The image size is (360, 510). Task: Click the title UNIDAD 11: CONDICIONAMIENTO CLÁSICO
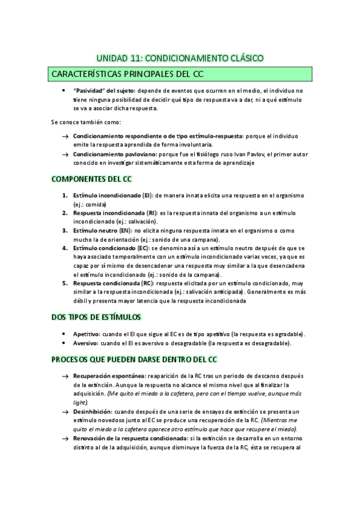(180, 58)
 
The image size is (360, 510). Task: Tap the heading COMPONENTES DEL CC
(92, 179)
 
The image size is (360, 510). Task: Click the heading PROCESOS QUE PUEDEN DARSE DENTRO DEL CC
(134, 360)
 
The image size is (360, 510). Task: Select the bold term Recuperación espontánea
(105, 376)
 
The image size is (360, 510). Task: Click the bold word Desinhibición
(93, 411)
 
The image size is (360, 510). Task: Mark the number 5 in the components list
(65, 283)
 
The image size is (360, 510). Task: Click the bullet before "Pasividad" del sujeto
(64, 90)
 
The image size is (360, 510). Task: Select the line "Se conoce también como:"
(86, 122)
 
